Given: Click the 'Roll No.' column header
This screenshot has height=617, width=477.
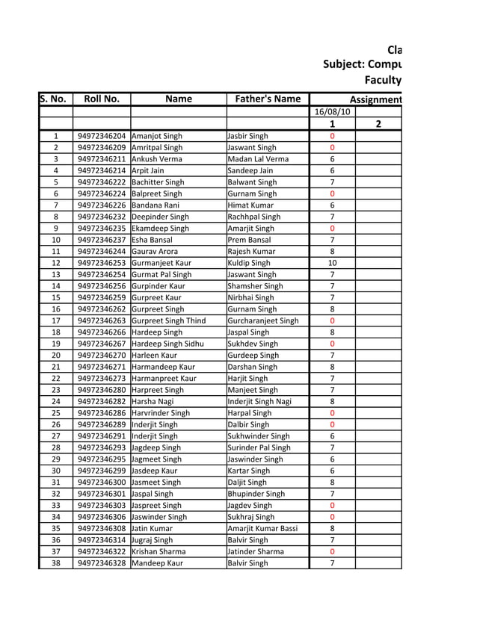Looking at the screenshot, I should pyautogui.click(x=102, y=99).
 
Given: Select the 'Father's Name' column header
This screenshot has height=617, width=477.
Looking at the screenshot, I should pyautogui.click(x=268, y=99).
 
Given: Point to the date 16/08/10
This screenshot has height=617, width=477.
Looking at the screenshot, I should pyautogui.click(x=332, y=112).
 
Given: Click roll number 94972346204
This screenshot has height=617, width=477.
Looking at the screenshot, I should pyautogui.click(x=102, y=136).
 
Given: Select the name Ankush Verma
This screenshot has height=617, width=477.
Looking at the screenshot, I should pyautogui.click(x=158, y=159).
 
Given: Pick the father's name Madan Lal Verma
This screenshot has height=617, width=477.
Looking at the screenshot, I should pyautogui.click(x=257, y=159).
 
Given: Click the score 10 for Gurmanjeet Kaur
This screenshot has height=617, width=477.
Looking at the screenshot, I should pyautogui.click(x=332, y=263).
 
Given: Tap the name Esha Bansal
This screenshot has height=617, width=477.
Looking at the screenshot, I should pyautogui.click(x=156, y=240).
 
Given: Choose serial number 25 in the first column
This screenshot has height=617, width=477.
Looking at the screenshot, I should pyautogui.click(x=56, y=413).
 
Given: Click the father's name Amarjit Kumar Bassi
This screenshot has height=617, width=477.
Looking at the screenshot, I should pyautogui.click(x=262, y=528).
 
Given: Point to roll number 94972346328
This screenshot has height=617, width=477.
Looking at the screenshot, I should pyautogui.click(x=102, y=563).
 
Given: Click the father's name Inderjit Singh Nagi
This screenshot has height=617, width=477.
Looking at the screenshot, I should pyautogui.click(x=259, y=401).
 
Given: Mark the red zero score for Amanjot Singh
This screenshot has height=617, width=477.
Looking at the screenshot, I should pyautogui.click(x=332, y=136).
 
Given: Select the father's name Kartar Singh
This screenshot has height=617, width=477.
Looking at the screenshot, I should pyautogui.click(x=249, y=471).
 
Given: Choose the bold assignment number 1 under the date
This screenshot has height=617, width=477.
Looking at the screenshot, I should pyautogui.click(x=332, y=124).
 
